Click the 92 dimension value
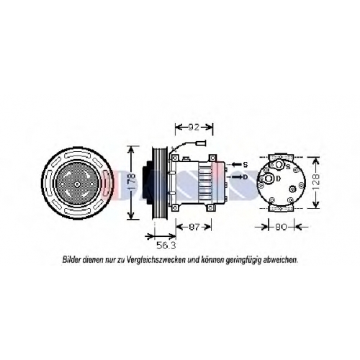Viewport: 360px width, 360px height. pos(194,127)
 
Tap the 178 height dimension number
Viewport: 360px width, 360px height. pos(132,183)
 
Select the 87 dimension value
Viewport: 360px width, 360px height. pos(194,227)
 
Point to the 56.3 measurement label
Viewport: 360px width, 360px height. pos(166,246)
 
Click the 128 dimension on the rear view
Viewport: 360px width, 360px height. pos(316,182)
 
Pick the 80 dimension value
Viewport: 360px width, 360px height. pos(281,227)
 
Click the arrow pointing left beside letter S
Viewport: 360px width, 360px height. pos(236,165)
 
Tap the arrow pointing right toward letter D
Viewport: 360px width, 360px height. pos(237,177)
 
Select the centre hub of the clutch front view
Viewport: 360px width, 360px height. pos(77,184)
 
